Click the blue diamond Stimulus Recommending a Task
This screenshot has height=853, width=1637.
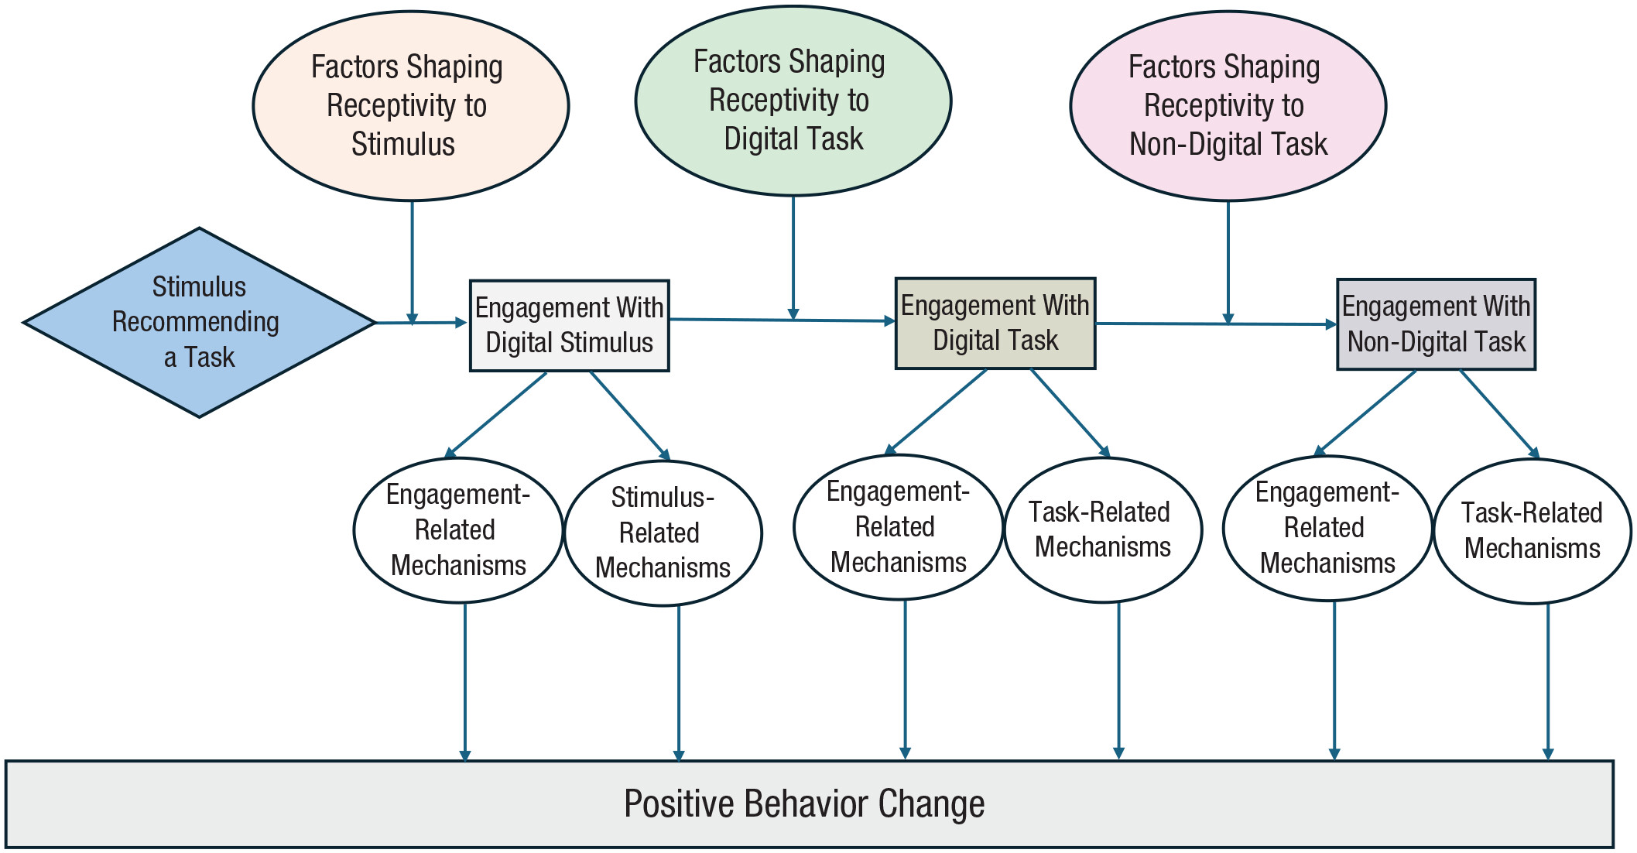pos(200,322)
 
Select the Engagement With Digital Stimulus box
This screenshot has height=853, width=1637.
pos(570,326)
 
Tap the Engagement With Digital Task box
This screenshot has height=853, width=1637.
pos(995,323)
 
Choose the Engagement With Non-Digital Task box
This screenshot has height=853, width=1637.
pos(1437,324)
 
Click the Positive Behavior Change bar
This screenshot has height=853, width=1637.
pos(810,804)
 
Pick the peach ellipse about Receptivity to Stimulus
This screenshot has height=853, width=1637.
pos(411,106)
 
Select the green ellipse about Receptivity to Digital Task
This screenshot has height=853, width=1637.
pos(793,101)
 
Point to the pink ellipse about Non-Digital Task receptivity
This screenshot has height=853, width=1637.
pos(1228,106)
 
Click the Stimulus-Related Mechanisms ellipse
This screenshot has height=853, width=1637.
pos(663,533)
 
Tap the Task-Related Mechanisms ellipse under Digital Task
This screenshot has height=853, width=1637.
pos(1103,530)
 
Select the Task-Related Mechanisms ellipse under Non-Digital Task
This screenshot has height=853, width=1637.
pos(1533,531)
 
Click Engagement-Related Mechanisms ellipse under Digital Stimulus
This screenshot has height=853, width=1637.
pos(458,530)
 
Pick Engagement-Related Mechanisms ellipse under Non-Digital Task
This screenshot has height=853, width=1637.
pos(1327,528)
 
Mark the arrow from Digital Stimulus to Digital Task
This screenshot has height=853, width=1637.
pos(783,320)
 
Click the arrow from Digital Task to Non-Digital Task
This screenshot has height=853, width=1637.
pos(1216,324)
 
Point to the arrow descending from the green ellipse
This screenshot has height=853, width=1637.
pos(793,258)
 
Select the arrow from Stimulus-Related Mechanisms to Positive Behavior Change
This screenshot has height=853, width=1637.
pos(679,683)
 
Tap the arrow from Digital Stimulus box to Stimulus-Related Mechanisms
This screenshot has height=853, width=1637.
pos(630,416)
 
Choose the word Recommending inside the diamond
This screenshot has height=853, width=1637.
pos(196,322)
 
